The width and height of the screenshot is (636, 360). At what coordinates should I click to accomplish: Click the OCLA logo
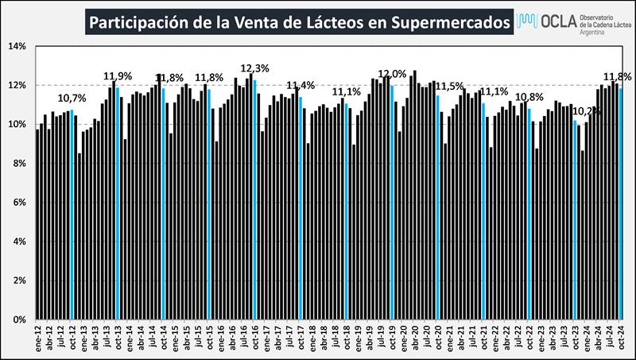(568, 21)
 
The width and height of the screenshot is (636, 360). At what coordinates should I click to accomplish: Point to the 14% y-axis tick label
(17, 46)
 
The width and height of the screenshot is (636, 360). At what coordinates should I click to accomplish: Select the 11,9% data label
(117, 76)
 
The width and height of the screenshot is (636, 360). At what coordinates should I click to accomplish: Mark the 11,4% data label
(301, 85)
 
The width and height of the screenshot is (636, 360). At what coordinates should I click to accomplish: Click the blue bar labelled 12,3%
(254, 199)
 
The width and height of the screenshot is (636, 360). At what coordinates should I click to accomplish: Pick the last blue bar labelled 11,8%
(620, 203)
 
